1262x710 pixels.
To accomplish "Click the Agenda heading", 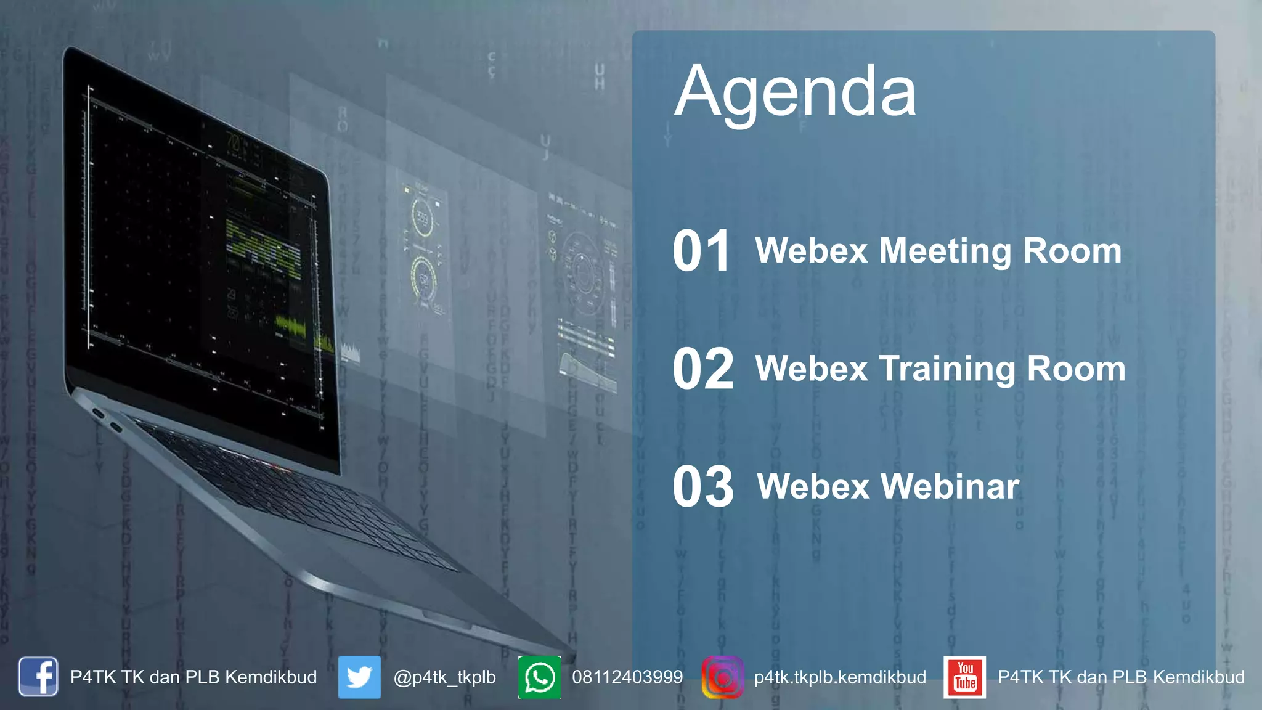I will click(795, 92).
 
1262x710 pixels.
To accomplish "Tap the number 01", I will click(701, 251).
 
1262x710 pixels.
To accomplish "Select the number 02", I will click(702, 369).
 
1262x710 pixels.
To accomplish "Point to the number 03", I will click(702, 487).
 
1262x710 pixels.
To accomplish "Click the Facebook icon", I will click(38, 677).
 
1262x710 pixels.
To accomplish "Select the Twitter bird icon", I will click(359, 677).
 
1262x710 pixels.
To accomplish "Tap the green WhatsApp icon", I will click(540, 677).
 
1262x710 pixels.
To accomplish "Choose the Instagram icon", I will click(722, 677).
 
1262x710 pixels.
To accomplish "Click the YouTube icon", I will click(964, 677).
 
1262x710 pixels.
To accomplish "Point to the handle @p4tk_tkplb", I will click(444, 677).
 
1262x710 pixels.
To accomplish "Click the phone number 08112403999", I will click(627, 677).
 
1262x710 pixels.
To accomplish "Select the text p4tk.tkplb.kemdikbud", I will click(840, 677).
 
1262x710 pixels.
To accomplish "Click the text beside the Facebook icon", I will click(193, 677).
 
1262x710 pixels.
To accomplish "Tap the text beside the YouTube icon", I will click(1121, 677).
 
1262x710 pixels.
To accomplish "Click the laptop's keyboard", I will click(296, 493).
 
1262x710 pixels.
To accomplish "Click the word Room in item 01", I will click(1072, 251).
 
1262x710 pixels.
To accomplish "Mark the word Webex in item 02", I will click(812, 369).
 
